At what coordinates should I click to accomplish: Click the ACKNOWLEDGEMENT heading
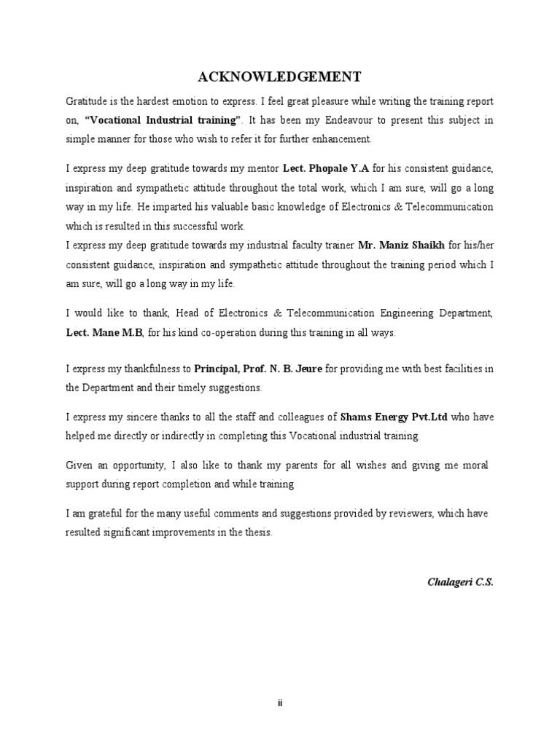pos(280,76)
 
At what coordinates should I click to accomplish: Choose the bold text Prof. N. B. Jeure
pos(286,369)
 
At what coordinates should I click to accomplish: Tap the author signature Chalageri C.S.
pos(460,583)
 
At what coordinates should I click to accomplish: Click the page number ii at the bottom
pos(280,702)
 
